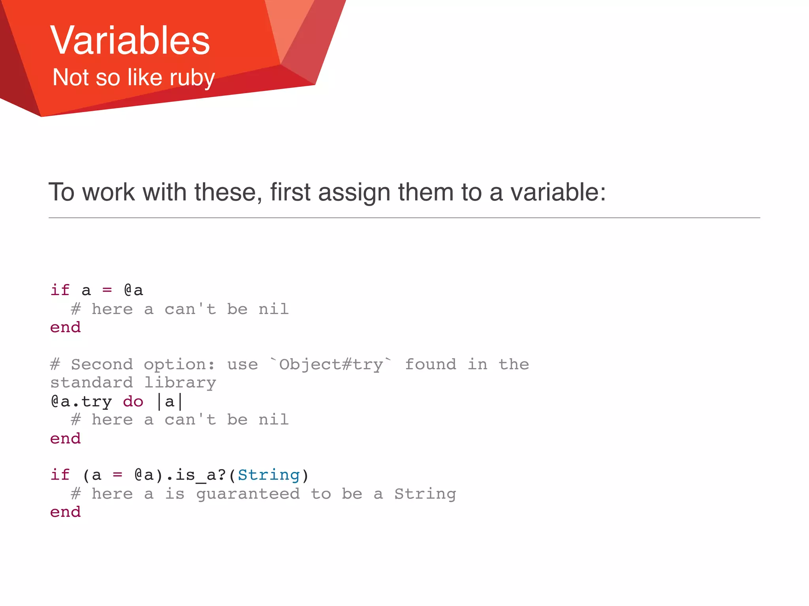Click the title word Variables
point(130,40)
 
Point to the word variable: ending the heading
point(558,192)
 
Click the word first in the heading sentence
point(290,192)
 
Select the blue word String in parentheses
point(269,475)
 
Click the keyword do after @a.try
point(133,402)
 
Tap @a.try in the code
point(81,402)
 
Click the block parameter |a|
point(169,402)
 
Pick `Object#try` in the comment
point(331,365)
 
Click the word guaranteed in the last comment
point(248,494)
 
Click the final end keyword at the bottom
point(65,512)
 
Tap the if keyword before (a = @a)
point(60,475)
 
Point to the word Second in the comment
point(102,365)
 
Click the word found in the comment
point(431,365)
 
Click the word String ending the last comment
point(425,494)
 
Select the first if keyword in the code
point(60,290)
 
